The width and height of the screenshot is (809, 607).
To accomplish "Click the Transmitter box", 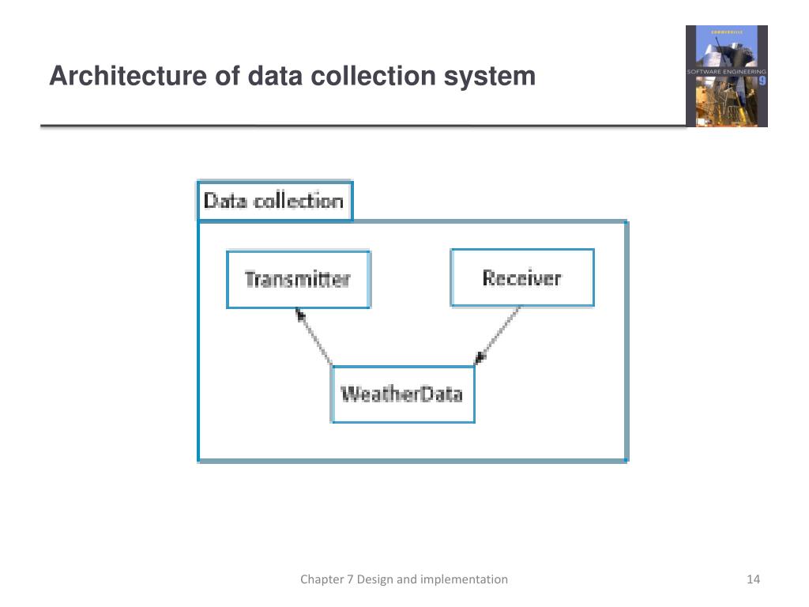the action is [x=298, y=279].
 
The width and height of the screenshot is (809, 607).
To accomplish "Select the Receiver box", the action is [x=522, y=277].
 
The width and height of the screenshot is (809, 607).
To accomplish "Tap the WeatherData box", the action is [x=402, y=394].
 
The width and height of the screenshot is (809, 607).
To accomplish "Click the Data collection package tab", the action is [x=275, y=201].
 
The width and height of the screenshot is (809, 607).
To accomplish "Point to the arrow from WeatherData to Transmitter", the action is [x=314, y=337].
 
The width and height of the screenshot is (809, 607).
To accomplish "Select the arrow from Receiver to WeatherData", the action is [x=497, y=335].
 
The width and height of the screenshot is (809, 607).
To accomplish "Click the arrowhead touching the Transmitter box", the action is [x=299, y=314].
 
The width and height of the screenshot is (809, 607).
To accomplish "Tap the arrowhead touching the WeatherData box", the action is [x=480, y=358].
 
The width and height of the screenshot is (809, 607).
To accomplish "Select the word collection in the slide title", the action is [x=373, y=76].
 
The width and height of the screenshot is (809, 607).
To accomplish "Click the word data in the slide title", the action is [x=274, y=76].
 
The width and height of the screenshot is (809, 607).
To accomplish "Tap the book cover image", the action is [x=727, y=76].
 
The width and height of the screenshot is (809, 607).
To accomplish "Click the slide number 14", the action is [x=753, y=579].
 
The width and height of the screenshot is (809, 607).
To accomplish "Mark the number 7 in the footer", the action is [x=349, y=579].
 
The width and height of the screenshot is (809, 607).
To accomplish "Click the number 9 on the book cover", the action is [x=762, y=81].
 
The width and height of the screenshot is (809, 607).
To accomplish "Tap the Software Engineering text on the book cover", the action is [x=727, y=72].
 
